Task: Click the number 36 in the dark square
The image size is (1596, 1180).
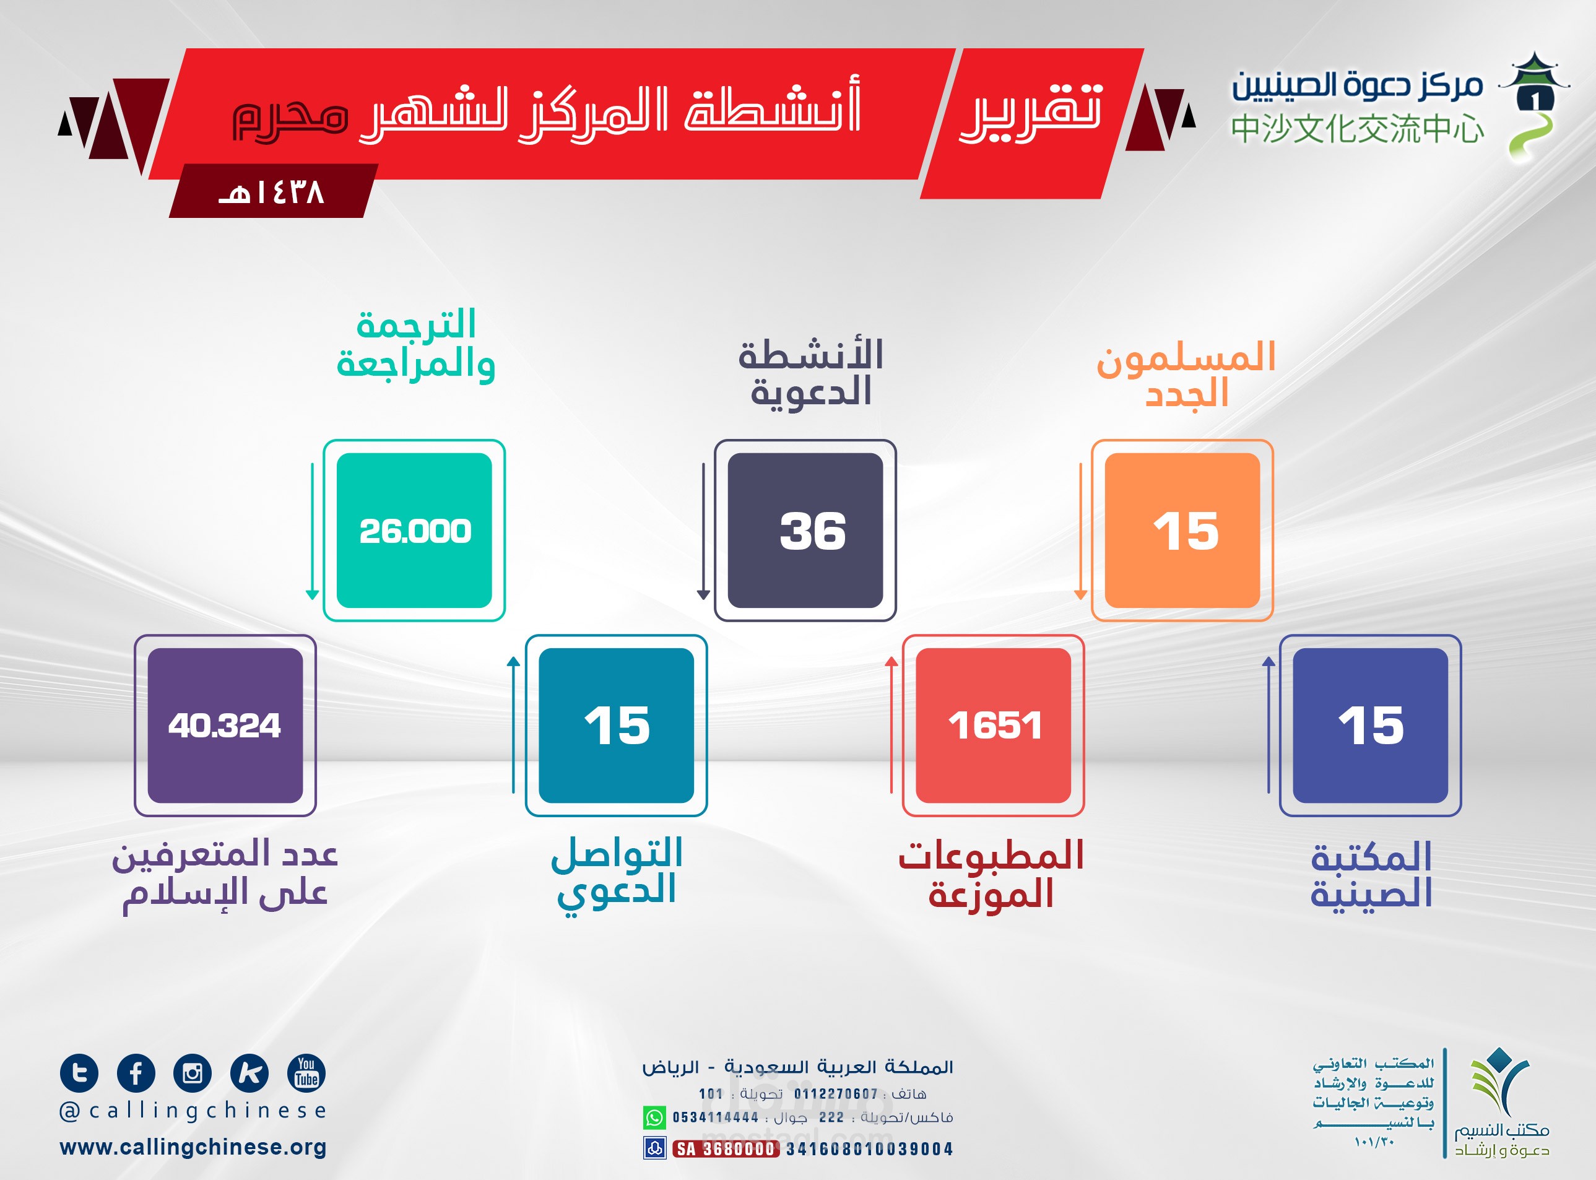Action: coord(813,531)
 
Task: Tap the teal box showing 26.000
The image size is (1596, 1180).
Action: coord(414,531)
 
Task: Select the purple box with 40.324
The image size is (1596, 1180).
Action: coord(225,726)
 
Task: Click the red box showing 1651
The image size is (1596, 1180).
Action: coord(993,726)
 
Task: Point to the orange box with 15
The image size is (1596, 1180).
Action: coord(1182,531)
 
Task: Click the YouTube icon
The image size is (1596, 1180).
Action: coord(306,1073)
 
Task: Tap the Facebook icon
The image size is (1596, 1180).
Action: coord(136,1073)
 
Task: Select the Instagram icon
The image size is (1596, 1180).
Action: coord(192,1073)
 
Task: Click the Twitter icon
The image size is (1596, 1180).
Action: coord(79,1073)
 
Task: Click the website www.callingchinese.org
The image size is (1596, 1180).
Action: coord(193,1147)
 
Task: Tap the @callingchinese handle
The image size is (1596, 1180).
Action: coord(193,1111)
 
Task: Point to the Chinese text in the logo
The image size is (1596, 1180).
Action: coord(1358,129)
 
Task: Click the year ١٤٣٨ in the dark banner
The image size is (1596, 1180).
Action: coord(271,191)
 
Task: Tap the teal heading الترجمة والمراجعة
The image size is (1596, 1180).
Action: coord(415,344)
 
